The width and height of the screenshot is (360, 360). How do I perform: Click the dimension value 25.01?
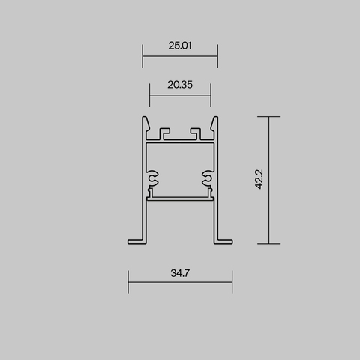pyautogui.click(x=180, y=46)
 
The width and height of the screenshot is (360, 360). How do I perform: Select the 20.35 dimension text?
pyautogui.click(x=180, y=85)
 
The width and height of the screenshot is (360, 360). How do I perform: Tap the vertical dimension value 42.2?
pyautogui.click(x=259, y=180)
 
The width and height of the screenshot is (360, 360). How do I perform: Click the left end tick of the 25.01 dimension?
pyautogui.click(x=142, y=55)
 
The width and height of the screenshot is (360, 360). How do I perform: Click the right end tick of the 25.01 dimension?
pyautogui.click(x=217, y=55)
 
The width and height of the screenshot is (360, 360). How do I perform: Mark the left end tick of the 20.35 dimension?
pyautogui.click(x=150, y=94)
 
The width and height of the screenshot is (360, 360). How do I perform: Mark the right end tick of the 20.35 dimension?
pyautogui.click(x=211, y=94)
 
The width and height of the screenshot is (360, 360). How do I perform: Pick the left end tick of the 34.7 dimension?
pyautogui.click(x=128, y=282)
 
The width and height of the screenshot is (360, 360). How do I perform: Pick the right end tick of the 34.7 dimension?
pyautogui.click(x=232, y=282)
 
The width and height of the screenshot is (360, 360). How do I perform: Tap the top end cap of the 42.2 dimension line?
pyautogui.click(x=268, y=117)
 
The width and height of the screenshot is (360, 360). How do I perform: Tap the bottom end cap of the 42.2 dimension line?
pyautogui.click(x=268, y=244)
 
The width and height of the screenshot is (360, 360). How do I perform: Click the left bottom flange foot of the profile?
pyautogui.click(x=136, y=240)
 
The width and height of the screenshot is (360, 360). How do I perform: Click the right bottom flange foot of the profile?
pyautogui.click(x=224, y=240)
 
